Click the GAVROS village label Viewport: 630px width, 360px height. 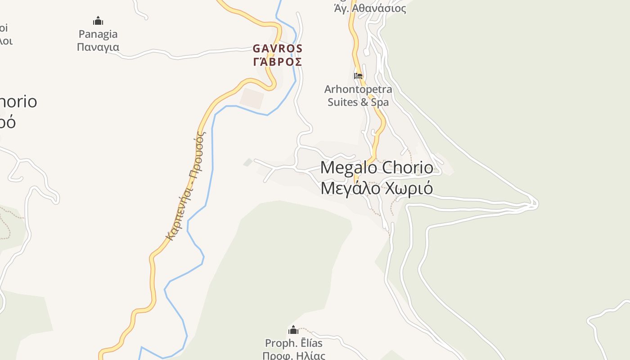pyautogui.click(x=278, y=48)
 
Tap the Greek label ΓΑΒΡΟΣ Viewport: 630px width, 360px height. pyautogui.click(x=278, y=62)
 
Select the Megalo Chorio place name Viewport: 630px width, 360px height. pyautogui.click(x=377, y=168)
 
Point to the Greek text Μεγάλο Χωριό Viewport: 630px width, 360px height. pyautogui.click(x=377, y=188)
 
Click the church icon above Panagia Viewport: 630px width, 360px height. pyautogui.click(x=98, y=21)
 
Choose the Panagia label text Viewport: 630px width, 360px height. pyautogui.click(x=98, y=34)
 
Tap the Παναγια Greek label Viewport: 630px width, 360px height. pyautogui.click(x=98, y=47)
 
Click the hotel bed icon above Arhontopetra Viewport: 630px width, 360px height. pyautogui.click(x=358, y=76)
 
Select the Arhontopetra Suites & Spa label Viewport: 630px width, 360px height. pyautogui.click(x=358, y=95)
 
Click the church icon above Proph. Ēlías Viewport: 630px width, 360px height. pyautogui.click(x=293, y=330)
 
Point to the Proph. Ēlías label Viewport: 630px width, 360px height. pyautogui.click(x=294, y=343)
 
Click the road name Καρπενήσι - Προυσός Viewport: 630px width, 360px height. pyautogui.click(x=185, y=185)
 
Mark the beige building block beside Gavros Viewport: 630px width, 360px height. pyautogui.click(x=252, y=99)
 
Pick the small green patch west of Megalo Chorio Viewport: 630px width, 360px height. pyautogui.click(x=248, y=162)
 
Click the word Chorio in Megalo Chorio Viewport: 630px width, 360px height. pyautogui.click(x=408, y=168)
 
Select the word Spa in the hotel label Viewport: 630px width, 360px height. pyautogui.click(x=380, y=102)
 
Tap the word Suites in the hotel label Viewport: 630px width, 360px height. pyautogui.click(x=342, y=102)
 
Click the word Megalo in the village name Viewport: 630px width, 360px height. pyautogui.click(x=348, y=168)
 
